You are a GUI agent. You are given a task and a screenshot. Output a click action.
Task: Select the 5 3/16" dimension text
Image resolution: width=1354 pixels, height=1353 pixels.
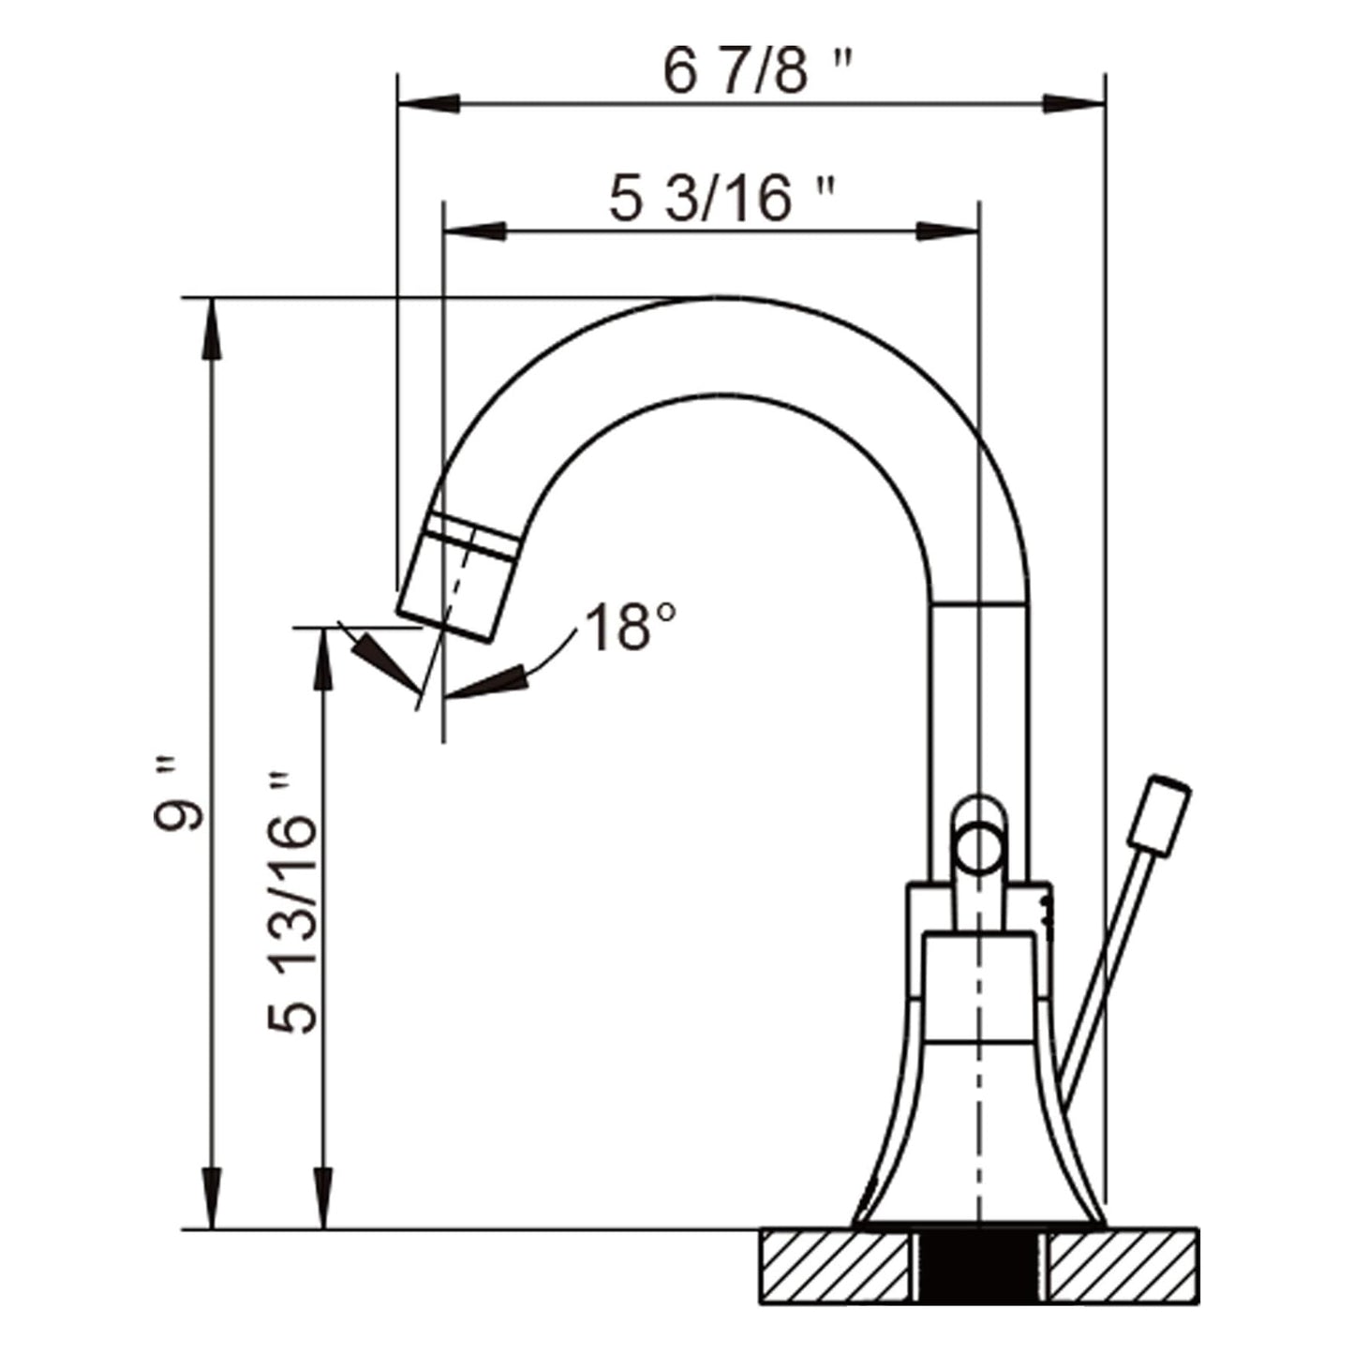tap(720, 200)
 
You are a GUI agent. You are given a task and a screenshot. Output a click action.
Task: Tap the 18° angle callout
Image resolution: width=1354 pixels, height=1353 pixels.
tap(630, 627)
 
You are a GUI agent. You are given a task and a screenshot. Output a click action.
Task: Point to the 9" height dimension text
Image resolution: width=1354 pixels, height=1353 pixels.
tap(178, 804)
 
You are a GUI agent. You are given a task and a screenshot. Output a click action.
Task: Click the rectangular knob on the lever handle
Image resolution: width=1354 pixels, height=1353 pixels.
tap(1160, 815)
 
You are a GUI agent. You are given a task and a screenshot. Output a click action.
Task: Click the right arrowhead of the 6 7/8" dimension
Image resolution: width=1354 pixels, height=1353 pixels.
tap(1073, 102)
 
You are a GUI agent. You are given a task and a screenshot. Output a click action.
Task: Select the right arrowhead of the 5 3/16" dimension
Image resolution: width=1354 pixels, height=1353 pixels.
tap(946, 231)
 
